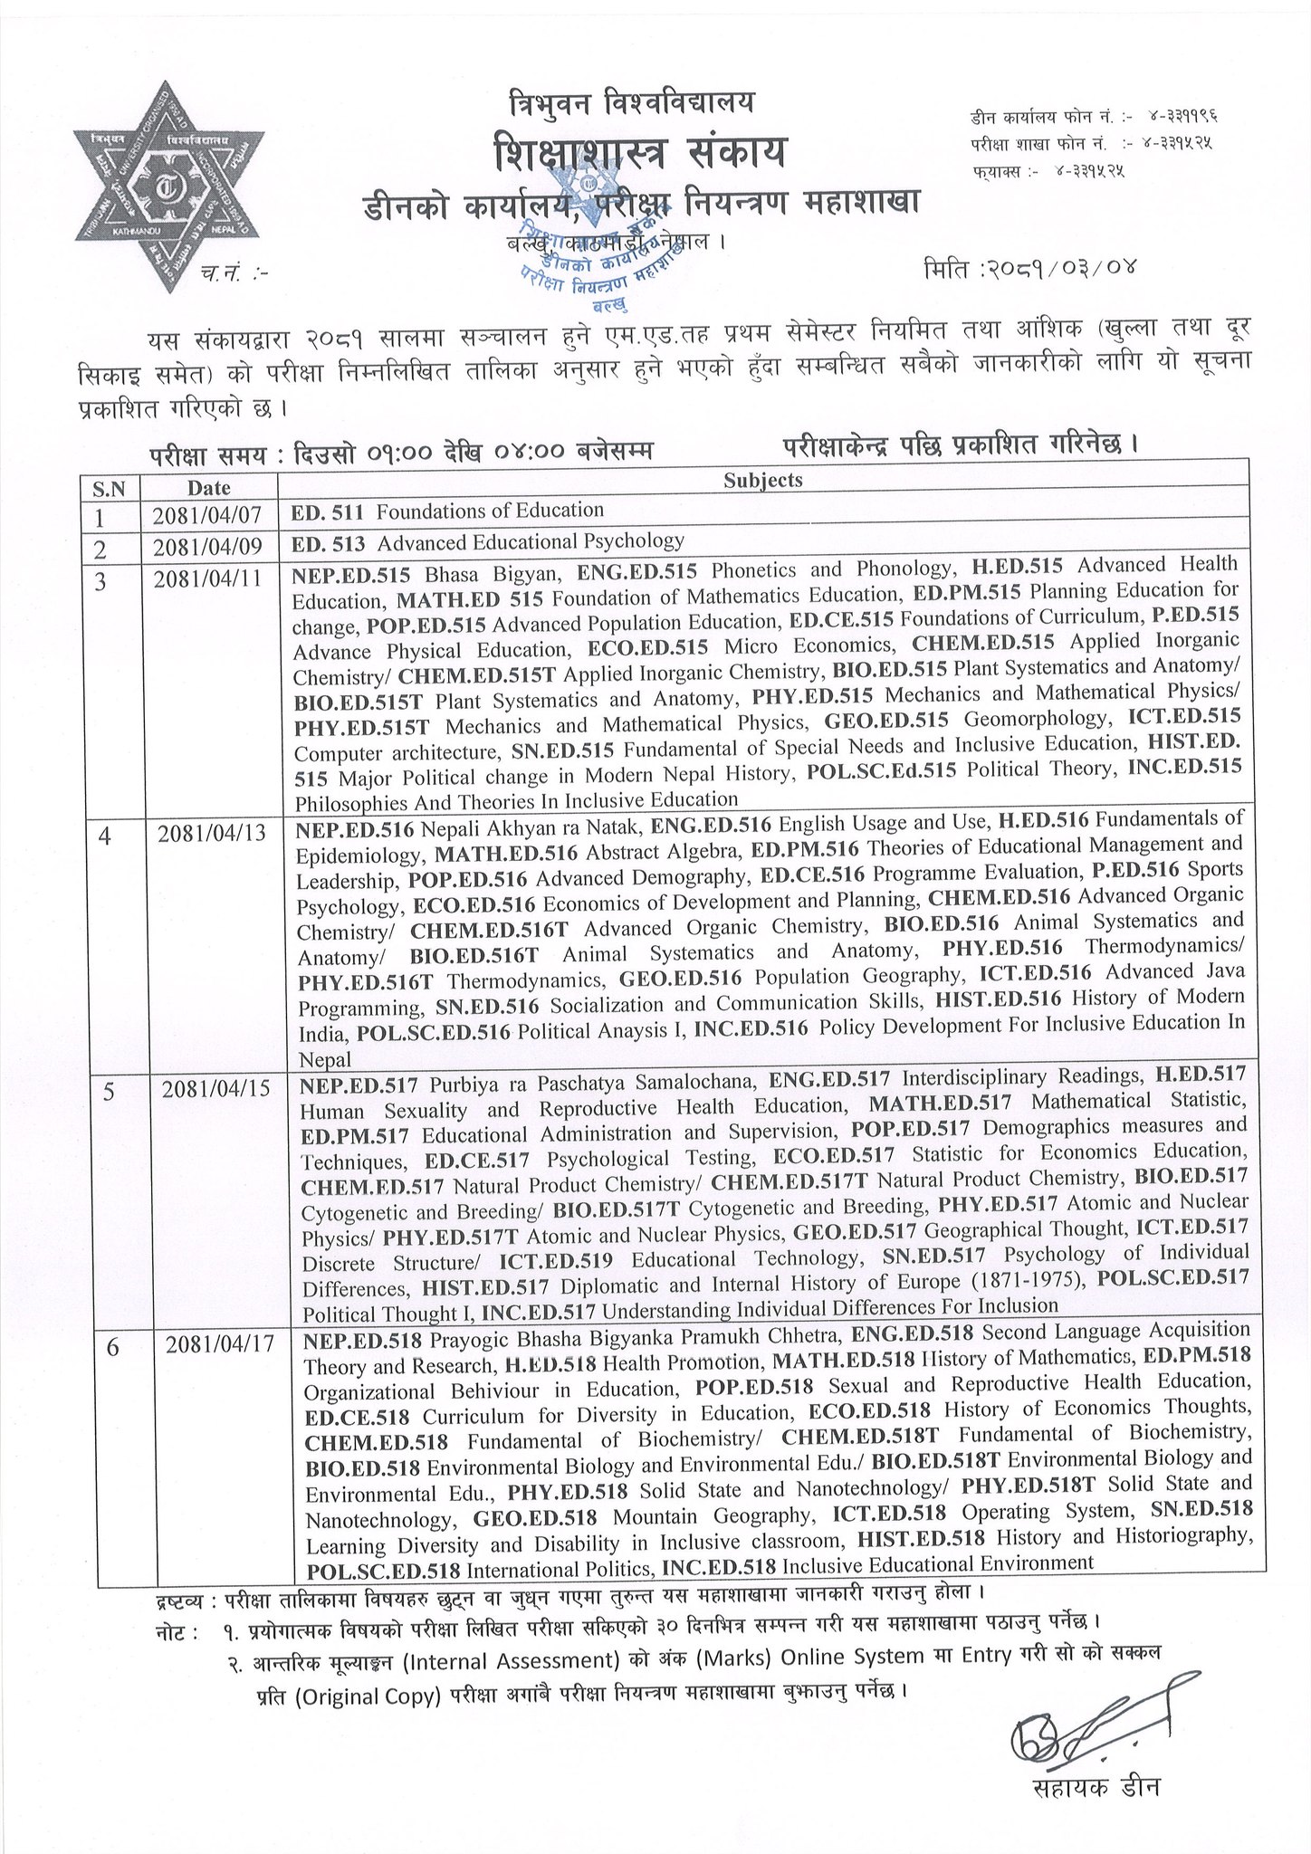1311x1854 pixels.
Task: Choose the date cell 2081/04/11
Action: pyautogui.click(x=207, y=579)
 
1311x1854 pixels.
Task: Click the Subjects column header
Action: pyautogui.click(x=762, y=481)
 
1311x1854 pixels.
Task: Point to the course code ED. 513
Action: pyautogui.click(x=329, y=542)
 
